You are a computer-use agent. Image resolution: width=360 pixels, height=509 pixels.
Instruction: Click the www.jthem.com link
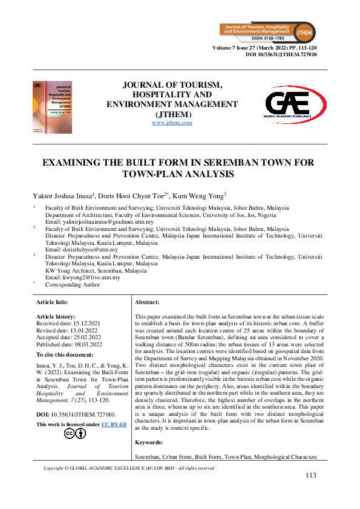pyautogui.click(x=172, y=123)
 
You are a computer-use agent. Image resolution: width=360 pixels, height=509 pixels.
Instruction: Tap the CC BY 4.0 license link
pyautogui.click(x=114, y=426)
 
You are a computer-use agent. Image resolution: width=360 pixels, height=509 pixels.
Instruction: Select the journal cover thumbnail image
pyautogui.click(x=52, y=108)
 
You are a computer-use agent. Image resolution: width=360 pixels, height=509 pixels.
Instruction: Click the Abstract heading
pyautogui.click(x=147, y=302)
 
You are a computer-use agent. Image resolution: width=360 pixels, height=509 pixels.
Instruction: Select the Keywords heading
pyautogui.click(x=148, y=443)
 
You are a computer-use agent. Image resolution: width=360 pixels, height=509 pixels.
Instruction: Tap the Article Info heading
pyautogui.click(x=52, y=302)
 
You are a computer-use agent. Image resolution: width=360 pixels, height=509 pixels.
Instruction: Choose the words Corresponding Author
pyautogui.click(x=73, y=284)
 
